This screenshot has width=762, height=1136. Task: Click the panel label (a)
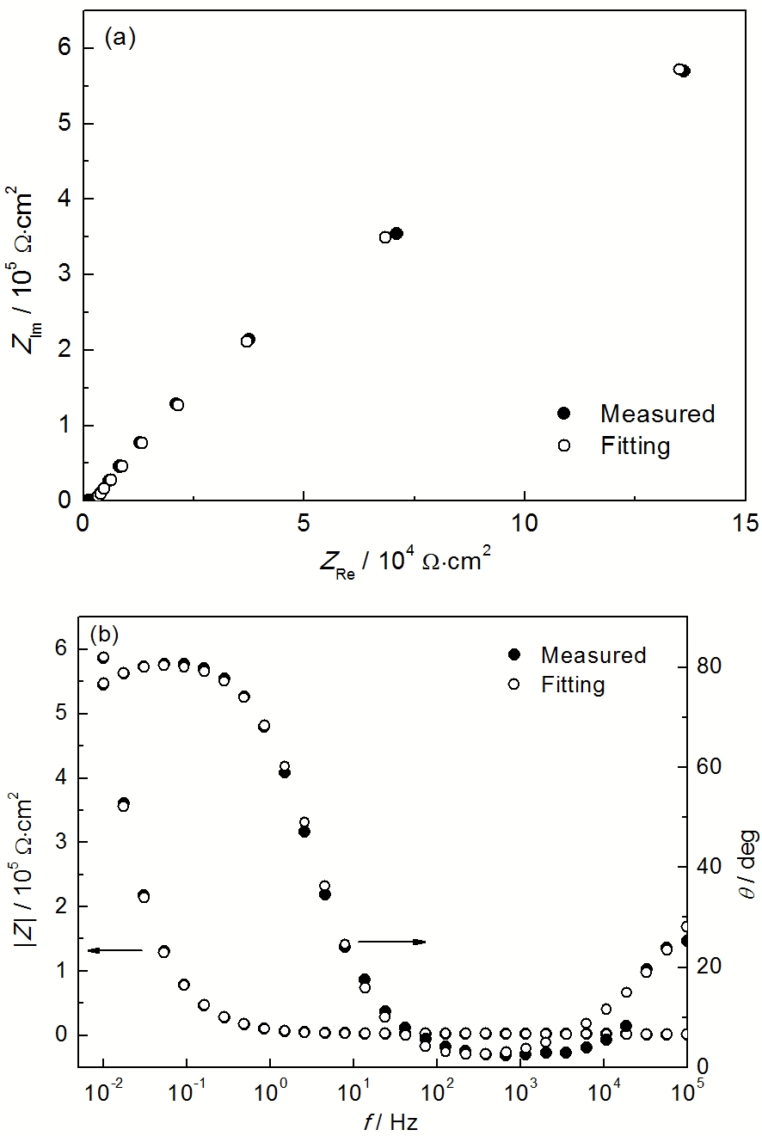[x=120, y=39]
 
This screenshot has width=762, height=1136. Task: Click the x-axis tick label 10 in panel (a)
[x=524, y=524]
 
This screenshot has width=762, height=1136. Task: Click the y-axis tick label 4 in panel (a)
[x=65, y=199]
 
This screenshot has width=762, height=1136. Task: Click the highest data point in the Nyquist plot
[x=682, y=71]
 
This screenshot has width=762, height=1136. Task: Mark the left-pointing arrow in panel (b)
[x=114, y=950]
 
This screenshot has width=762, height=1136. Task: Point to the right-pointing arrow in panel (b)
[x=392, y=942]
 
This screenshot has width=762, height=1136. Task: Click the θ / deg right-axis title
[x=747, y=863]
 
